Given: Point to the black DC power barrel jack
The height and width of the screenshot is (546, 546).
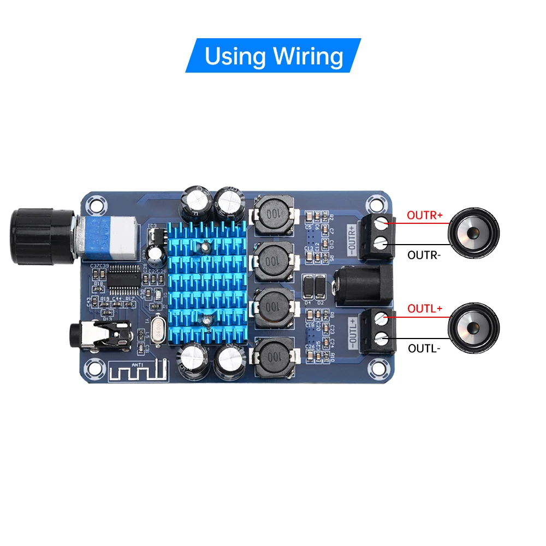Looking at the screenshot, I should pos(363,285).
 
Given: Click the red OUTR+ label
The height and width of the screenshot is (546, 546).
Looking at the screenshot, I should pos(425,215).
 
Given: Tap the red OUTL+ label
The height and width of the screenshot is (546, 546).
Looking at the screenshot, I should pos(424,308).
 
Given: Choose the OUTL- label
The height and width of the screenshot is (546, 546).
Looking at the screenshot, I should pos(423,348).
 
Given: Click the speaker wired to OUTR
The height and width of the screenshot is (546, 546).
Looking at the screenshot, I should pos(472,234).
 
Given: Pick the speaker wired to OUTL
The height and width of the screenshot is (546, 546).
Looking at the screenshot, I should pos(472,328).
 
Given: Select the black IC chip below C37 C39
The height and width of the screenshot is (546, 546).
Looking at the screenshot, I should pos(121,279).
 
